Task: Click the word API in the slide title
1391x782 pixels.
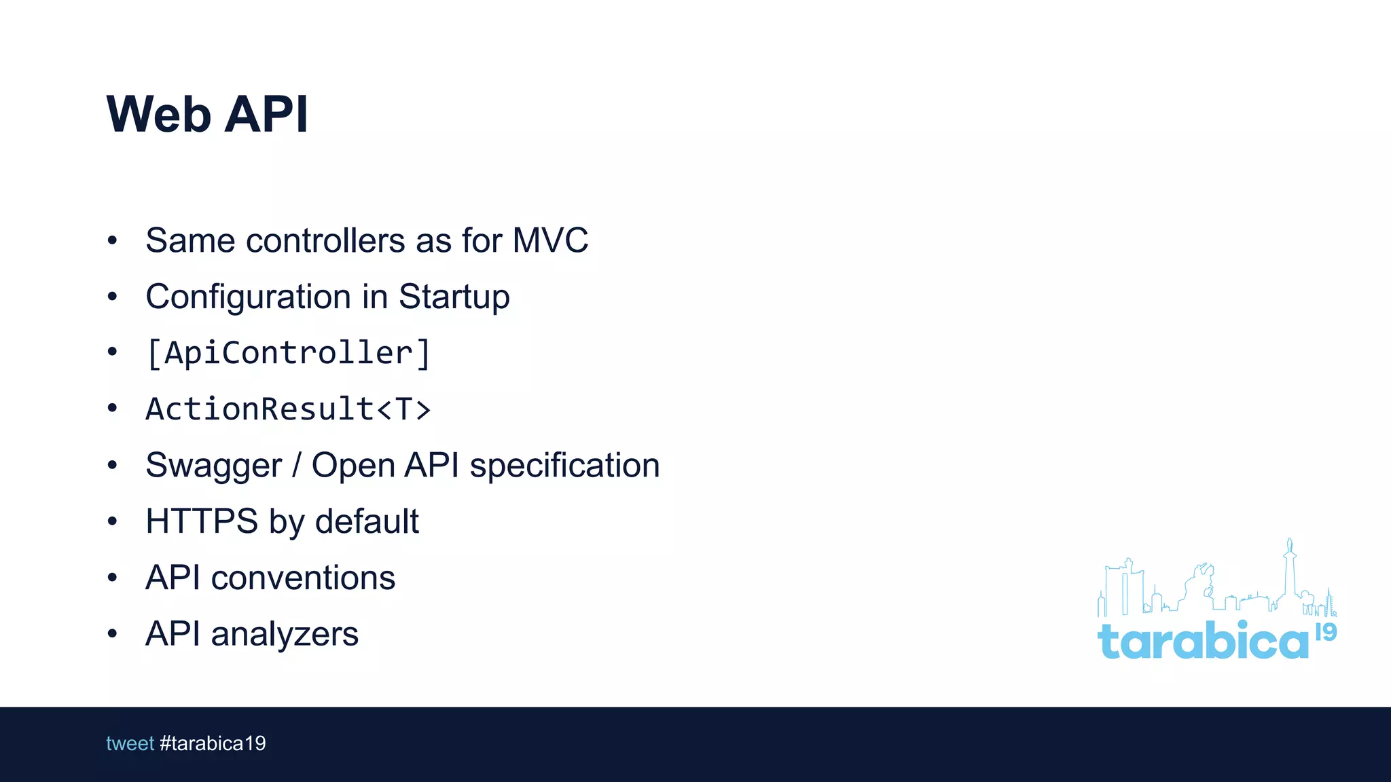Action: coord(266,114)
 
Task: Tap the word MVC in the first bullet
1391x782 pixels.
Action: coord(550,240)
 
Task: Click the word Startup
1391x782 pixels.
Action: coord(454,297)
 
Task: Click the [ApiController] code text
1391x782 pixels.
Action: coord(289,353)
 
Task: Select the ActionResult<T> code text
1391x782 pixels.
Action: coord(289,409)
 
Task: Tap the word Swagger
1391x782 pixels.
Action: coord(213,466)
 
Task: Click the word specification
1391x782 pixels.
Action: coord(564,466)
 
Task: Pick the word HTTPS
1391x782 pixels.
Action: coord(202,521)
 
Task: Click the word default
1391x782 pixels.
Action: coord(367,521)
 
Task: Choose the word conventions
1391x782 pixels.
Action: coord(303,578)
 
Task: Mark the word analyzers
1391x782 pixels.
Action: coord(285,634)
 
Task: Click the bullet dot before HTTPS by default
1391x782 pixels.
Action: coord(112,521)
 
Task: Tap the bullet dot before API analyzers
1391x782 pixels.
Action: coord(112,634)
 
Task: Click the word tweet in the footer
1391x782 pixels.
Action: coord(130,743)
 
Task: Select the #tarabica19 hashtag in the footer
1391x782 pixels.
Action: coord(213,743)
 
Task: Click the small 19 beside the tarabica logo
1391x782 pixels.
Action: coord(1326,632)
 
